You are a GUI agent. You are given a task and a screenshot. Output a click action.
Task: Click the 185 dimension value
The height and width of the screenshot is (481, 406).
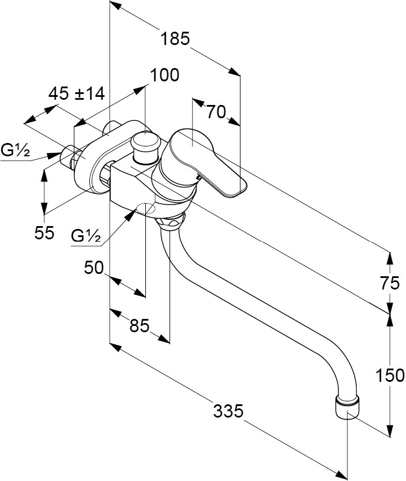pyautogui.click(x=175, y=39)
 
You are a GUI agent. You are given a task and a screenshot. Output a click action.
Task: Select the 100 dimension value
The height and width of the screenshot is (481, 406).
pyautogui.click(x=164, y=75)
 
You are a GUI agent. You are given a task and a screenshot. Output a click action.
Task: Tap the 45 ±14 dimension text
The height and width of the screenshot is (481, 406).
pyautogui.click(x=77, y=93)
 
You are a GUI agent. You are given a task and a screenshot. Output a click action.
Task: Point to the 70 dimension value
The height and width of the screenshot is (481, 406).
pyautogui.click(x=216, y=112)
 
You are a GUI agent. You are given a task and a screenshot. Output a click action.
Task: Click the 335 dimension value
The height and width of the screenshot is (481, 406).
pyautogui.click(x=228, y=411)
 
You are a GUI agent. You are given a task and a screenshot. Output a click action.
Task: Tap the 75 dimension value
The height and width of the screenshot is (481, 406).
pyautogui.click(x=390, y=283)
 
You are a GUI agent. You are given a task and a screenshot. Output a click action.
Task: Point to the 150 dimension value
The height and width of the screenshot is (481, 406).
pyautogui.click(x=390, y=375)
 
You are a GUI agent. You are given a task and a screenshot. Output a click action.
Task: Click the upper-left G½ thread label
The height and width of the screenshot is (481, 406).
pyautogui.click(x=16, y=151)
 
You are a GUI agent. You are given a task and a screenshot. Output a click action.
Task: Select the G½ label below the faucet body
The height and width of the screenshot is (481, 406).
pyautogui.click(x=87, y=235)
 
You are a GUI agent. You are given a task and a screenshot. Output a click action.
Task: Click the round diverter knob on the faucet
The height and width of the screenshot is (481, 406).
pyautogui.click(x=144, y=142)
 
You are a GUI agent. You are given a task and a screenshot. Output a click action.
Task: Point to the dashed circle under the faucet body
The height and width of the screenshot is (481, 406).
pyautogui.click(x=147, y=209)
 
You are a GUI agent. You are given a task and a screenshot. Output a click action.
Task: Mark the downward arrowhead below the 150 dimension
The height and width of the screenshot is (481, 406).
pyautogui.click(x=390, y=432)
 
